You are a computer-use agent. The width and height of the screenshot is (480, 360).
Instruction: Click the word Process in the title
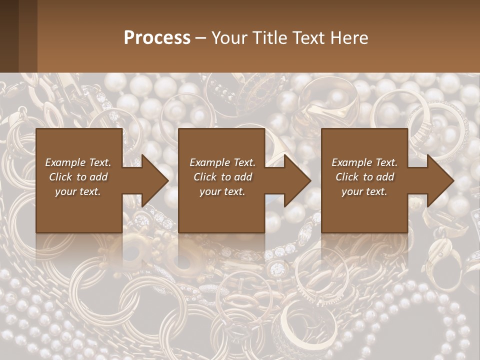[157, 38]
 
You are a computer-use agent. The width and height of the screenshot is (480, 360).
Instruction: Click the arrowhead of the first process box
[155, 181]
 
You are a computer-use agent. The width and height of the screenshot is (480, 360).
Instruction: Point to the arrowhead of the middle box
[297, 181]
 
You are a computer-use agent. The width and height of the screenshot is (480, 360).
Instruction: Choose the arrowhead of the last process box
[440, 181]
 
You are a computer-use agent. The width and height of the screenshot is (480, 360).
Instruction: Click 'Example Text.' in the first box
[78, 162]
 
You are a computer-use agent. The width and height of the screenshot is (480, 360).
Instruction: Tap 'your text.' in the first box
[78, 191]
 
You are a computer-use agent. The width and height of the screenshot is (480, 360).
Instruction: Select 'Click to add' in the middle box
[222, 177]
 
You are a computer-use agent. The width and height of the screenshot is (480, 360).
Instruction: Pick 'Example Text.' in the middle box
[222, 162]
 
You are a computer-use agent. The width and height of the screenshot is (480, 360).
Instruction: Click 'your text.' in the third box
[364, 191]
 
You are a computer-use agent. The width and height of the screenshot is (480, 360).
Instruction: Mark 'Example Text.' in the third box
[364, 162]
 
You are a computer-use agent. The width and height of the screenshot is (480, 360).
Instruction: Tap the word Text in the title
[309, 38]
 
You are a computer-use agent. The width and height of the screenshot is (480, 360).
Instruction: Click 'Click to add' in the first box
[78, 177]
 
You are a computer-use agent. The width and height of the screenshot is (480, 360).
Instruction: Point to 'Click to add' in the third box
[364, 177]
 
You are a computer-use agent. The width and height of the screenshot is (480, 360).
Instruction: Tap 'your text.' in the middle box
[222, 191]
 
